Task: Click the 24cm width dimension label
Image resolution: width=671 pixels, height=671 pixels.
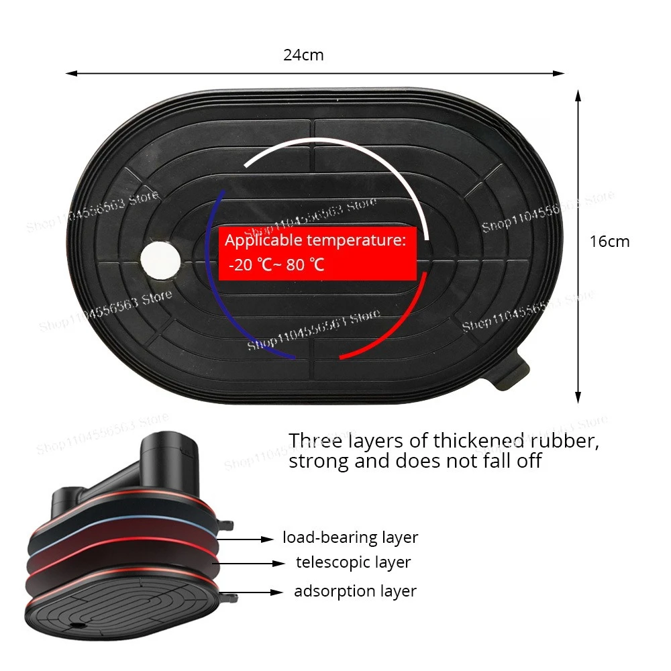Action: tap(303, 55)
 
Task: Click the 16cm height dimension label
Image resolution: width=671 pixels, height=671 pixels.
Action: tap(609, 242)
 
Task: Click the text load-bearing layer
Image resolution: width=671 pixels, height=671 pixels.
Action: tap(350, 537)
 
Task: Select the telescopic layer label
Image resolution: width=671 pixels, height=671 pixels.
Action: tap(353, 562)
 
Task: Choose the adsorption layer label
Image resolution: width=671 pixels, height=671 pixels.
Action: tap(355, 591)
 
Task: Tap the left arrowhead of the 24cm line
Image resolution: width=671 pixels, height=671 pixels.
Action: tap(69, 73)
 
